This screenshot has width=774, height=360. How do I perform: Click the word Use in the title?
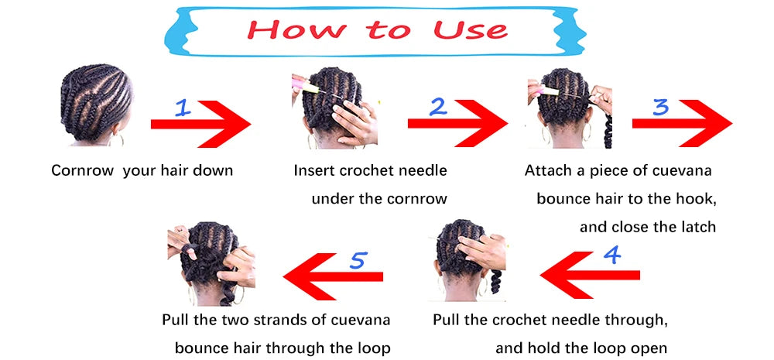470,29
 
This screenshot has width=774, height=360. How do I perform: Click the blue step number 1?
183,107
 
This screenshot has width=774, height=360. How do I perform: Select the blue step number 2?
438,107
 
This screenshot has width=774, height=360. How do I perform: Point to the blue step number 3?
660,107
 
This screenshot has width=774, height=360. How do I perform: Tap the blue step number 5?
358,260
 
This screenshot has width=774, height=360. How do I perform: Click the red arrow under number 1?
200,124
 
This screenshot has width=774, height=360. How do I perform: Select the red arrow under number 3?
682,123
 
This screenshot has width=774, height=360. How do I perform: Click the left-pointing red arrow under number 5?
333,276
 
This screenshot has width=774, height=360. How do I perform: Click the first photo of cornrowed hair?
95,105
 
